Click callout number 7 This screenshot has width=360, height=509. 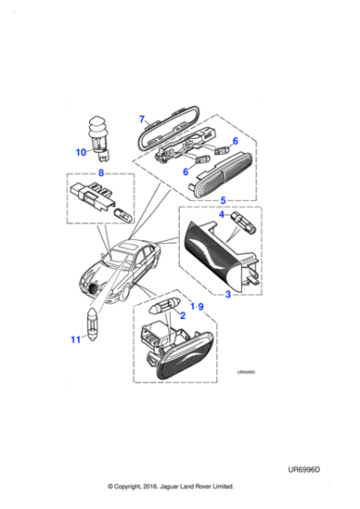pos(142,120)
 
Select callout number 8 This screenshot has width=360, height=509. pos(101,172)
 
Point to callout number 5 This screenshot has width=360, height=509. pos(223,200)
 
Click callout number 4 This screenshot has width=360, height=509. pos(222,215)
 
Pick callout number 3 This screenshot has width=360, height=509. pos(228,294)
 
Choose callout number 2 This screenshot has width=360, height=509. pos(183,315)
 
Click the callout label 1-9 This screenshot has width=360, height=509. pos(197,307)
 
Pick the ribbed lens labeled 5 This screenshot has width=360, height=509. pos(223,179)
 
